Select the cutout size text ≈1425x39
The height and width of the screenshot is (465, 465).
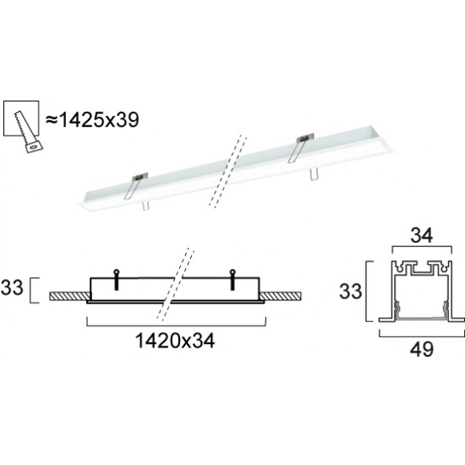tap(91, 119)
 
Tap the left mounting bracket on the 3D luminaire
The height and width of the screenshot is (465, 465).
tap(135, 183)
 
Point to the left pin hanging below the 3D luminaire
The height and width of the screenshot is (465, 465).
tap(145, 205)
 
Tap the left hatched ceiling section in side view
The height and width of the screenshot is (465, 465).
tap(68, 296)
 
